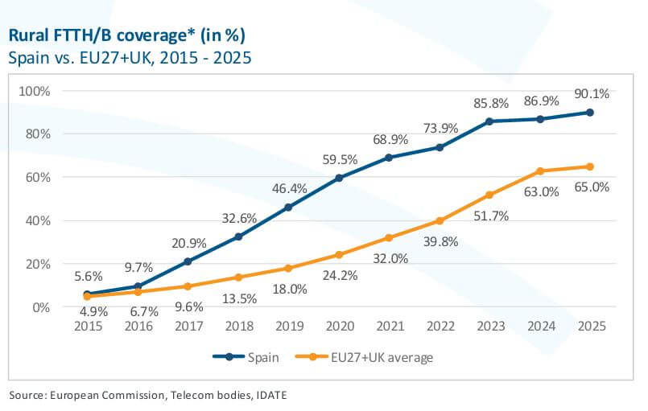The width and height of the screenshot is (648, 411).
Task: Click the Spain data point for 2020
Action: tap(338, 178)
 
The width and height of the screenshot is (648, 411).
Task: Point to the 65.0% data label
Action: tap(592, 187)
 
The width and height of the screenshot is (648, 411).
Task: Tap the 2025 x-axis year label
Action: tap(590, 327)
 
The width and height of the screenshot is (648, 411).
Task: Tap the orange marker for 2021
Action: tap(389, 237)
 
